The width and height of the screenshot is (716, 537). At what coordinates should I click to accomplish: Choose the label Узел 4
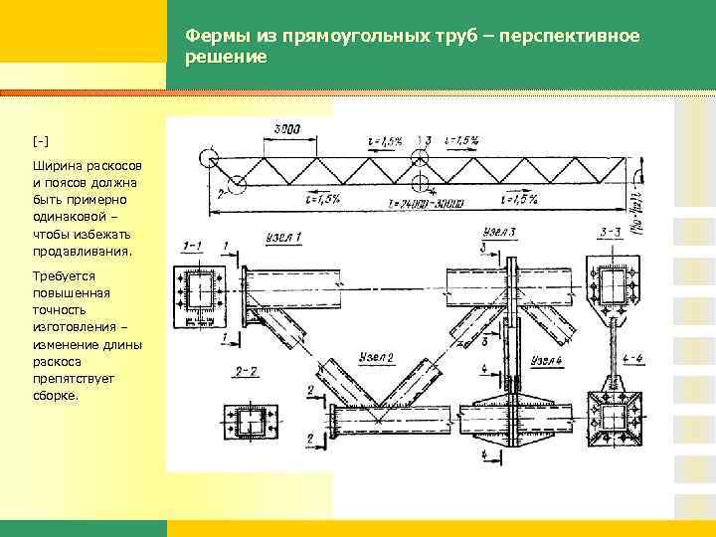[548, 358]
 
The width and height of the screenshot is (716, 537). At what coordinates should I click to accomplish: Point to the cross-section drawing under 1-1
[204, 295]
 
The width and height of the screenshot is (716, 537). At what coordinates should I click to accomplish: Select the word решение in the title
[227, 58]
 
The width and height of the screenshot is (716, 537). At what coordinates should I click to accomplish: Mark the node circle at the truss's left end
[210, 158]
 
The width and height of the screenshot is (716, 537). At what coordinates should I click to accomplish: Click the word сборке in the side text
[56, 396]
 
